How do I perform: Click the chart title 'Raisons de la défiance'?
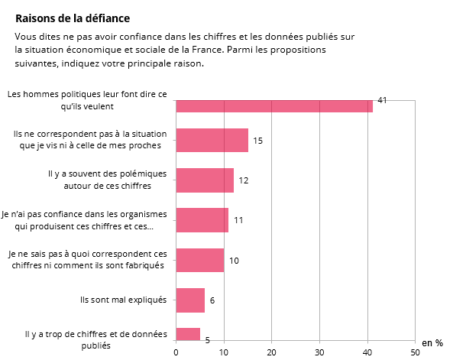coord(73,18)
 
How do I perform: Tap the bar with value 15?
coord(212,140)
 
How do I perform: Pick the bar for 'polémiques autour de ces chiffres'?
coord(205,180)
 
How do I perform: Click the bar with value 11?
coord(202,220)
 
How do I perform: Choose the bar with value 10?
coord(199,260)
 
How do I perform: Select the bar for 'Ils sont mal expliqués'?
coord(190,300)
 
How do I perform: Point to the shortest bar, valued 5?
coord(188,334)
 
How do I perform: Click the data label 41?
coord(383,100)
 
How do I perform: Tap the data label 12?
coord(244,180)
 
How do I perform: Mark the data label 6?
coord(212,300)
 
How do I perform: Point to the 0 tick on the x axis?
coord(176,352)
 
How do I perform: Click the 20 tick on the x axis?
coord(271,352)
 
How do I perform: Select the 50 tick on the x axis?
coord(415,352)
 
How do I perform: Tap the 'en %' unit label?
coord(432,343)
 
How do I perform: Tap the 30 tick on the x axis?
coord(319,352)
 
